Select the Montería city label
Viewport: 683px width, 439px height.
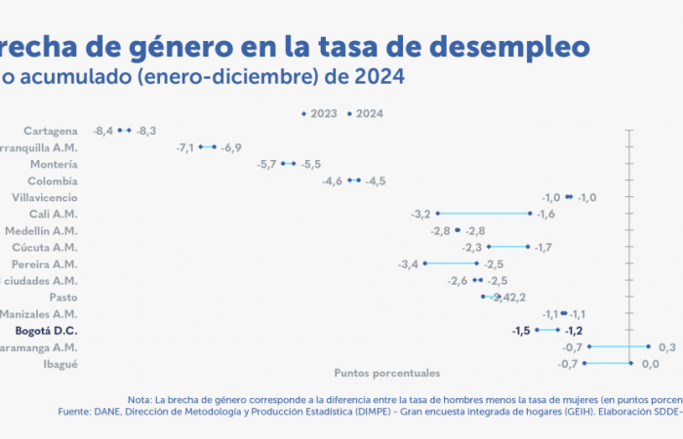[x=55, y=164]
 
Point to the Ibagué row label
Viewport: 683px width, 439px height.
[x=60, y=365]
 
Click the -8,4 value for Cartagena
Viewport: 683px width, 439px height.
[x=103, y=130]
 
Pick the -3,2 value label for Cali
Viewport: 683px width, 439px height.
[x=422, y=214]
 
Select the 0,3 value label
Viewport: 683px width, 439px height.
[x=667, y=347]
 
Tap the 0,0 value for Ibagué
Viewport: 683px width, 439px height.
[x=651, y=364]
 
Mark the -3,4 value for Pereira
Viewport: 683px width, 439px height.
[x=409, y=264]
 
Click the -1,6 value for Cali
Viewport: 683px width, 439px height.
[x=545, y=214]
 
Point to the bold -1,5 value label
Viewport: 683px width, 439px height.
[x=520, y=331]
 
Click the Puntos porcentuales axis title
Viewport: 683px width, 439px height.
[x=387, y=373]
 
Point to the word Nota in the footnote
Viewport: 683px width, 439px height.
[x=140, y=398]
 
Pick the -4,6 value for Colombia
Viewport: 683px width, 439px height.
[x=333, y=180]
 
